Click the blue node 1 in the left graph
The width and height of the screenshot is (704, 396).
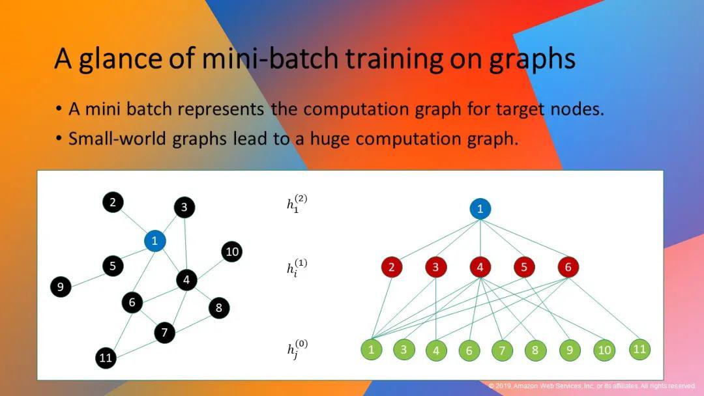click(x=155, y=241)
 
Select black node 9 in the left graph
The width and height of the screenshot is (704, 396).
click(x=61, y=287)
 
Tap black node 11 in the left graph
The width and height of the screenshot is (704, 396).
click(x=106, y=358)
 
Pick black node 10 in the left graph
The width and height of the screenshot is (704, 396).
click(x=231, y=251)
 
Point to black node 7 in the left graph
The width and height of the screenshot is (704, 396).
click(x=164, y=332)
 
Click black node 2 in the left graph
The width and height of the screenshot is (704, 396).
click(x=113, y=203)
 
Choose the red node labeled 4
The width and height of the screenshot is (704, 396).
click(x=480, y=267)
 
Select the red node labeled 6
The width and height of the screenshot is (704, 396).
click(x=568, y=267)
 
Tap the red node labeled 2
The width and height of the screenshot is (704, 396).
click(x=392, y=267)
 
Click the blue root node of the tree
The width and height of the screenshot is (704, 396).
click(x=480, y=208)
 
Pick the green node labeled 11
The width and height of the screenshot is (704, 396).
click(x=639, y=349)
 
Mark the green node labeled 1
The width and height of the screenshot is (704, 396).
click(x=372, y=349)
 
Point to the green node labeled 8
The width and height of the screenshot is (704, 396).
click(x=535, y=350)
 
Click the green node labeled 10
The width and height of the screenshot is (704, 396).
click(x=604, y=350)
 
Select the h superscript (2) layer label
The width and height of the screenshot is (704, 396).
click(x=297, y=204)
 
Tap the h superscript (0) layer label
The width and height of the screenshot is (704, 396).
click(x=297, y=349)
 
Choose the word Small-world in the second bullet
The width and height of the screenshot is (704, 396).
click(x=117, y=139)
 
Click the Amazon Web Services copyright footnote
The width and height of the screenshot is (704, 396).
click(x=592, y=386)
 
